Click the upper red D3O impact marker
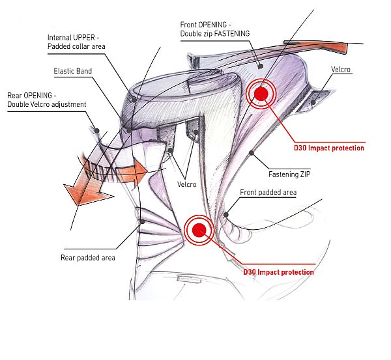pos(261,94)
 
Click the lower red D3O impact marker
pos(199,228)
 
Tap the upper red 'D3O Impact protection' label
pos(330,148)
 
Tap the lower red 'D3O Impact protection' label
pos(278,271)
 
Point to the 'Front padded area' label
pos(268,193)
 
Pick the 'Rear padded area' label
pos(87,258)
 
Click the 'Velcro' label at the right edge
pos(340,68)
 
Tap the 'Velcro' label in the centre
pos(188,184)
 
